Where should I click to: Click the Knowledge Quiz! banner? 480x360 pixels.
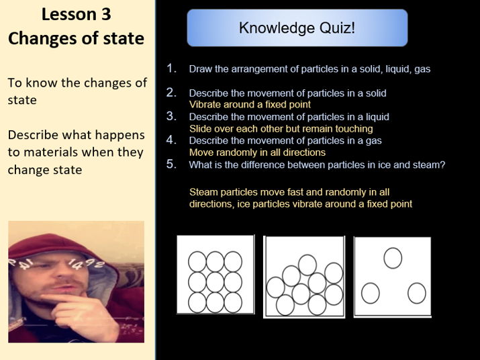click(297, 28)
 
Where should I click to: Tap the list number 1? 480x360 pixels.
click(171, 68)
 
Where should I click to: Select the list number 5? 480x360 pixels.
click(171, 164)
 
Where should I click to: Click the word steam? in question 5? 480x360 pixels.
click(430, 165)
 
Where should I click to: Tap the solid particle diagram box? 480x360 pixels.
click(215, 275)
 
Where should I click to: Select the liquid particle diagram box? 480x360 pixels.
click(305, 276)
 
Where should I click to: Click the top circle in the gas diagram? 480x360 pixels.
click(393, 257)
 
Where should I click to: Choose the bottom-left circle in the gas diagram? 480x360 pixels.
click(370, 293)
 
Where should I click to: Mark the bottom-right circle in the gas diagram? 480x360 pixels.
click(417, 293)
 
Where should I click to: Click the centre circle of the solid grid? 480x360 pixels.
click(215, 281)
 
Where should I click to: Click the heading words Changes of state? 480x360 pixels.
click(76, 38)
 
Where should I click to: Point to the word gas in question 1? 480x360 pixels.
click(422, 69)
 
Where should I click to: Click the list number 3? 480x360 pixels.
click(171, 116)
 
